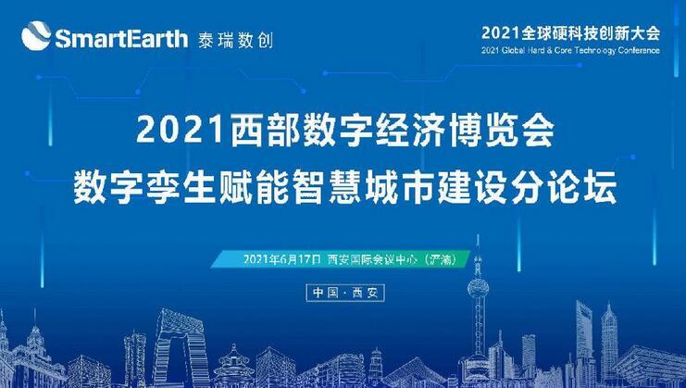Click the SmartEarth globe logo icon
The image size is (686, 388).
tap(36, 36)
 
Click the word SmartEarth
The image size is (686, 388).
tap(121, 39)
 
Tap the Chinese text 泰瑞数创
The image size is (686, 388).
tap(235, 40)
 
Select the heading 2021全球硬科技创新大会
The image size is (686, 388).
tap(570, 33)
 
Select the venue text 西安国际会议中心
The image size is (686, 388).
tap(371, 259)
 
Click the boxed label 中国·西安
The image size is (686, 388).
tap(345, 293)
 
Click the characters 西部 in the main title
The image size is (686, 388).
tap(258, 131)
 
